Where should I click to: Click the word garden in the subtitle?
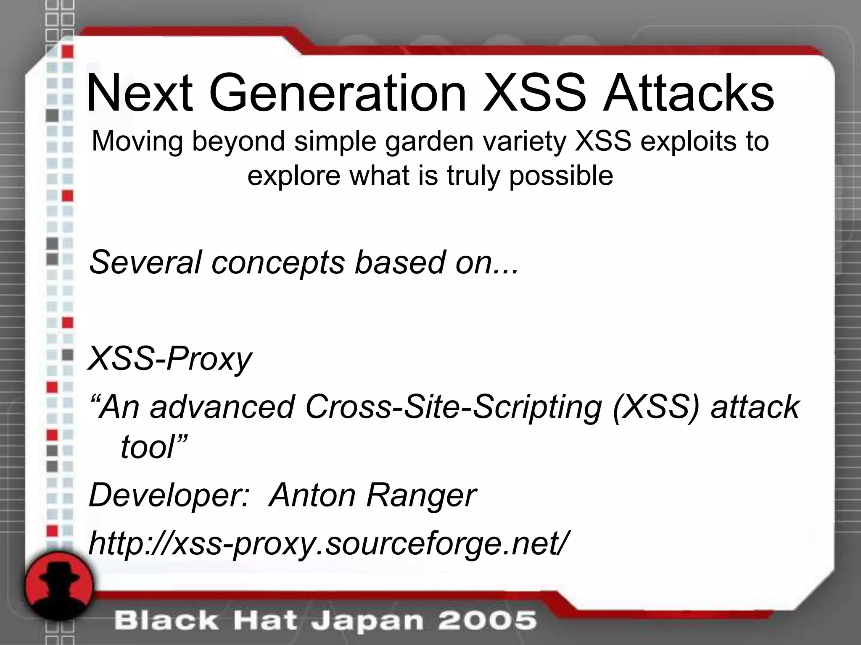tap(428, 142)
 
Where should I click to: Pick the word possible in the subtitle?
tap(561, 176)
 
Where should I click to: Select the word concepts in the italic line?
tap(277, 262)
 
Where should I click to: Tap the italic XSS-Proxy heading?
tap(170, 359)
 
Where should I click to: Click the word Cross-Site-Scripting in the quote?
tap(454, 406)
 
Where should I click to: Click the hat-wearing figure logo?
tap(59, 588)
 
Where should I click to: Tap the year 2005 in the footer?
tap(488, 620)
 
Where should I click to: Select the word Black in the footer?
tap(166, 620)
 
